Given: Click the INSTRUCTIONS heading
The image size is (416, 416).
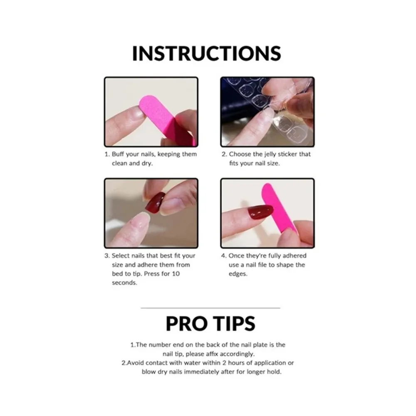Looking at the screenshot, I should (206, 53).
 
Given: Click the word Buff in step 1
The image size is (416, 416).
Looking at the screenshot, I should (118, 154).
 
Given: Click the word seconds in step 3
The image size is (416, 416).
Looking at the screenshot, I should (124, 283).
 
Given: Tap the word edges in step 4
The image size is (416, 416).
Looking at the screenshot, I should (238, 274).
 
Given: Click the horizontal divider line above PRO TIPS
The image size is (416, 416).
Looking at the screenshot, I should (210, 308).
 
